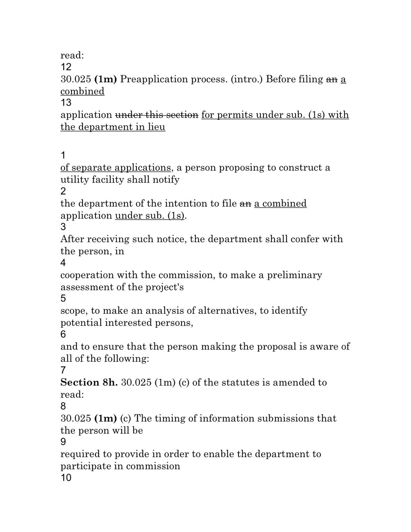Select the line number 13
pos(66,102)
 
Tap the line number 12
pos(66,67)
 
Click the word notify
pos(166,180)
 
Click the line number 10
pos(66,478)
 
